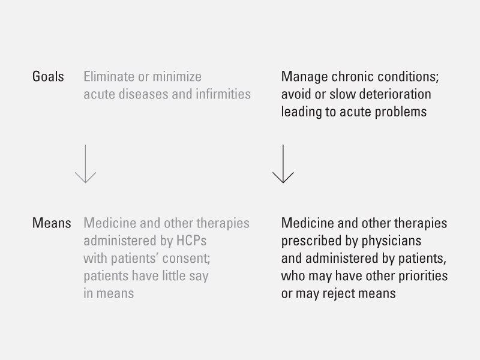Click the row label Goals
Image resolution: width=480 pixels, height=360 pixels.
48,77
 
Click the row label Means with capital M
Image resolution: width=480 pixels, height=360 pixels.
52,223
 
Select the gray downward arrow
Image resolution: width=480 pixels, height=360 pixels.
85,164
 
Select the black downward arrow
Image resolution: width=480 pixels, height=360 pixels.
283,164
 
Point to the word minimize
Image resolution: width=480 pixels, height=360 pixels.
177,77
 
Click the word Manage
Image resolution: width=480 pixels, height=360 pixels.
304,77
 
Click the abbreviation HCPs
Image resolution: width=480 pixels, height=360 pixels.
191,241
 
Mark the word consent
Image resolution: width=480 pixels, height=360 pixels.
186,259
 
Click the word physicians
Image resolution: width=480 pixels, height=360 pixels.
392,241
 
